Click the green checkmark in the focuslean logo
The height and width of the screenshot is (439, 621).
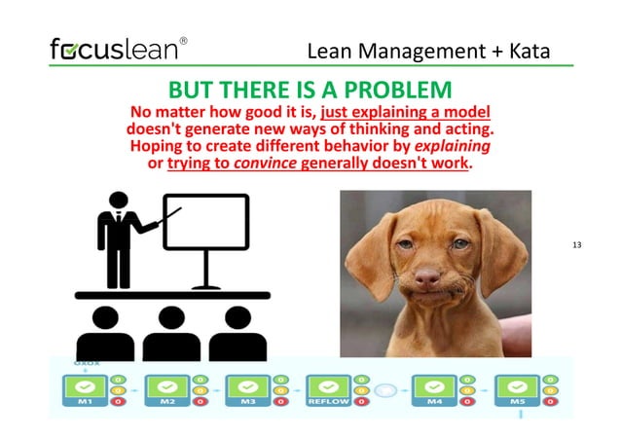point(70,49)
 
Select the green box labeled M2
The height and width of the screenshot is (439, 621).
point(166,389)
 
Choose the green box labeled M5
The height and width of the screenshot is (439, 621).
point(517,389)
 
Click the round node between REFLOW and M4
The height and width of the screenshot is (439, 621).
point(385,389)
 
